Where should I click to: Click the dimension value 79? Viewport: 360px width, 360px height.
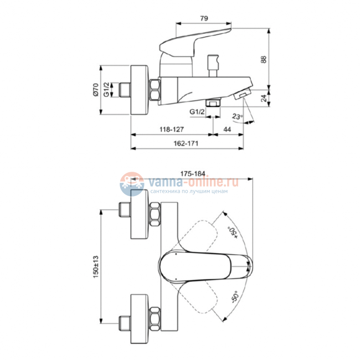point(203,19)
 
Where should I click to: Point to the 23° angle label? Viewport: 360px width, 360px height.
point(236,117)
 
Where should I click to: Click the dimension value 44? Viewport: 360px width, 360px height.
point(227,128)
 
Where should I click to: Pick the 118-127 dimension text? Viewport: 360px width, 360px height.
point(172,128)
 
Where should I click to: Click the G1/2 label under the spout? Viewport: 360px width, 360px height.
point(198,111)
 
